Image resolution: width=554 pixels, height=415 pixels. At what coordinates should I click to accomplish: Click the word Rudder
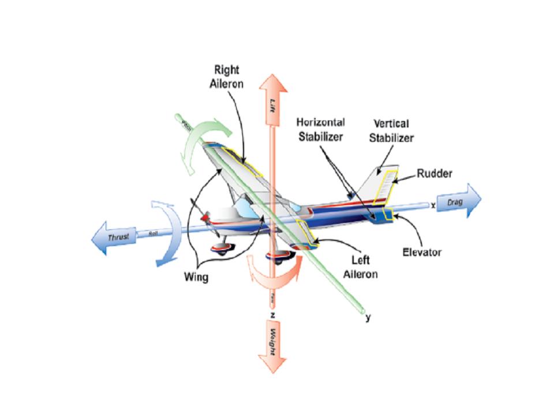point(434,173)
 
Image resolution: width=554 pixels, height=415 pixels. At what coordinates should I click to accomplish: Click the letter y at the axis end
point(368,317)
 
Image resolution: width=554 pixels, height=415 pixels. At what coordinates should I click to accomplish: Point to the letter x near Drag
point(432,205)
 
